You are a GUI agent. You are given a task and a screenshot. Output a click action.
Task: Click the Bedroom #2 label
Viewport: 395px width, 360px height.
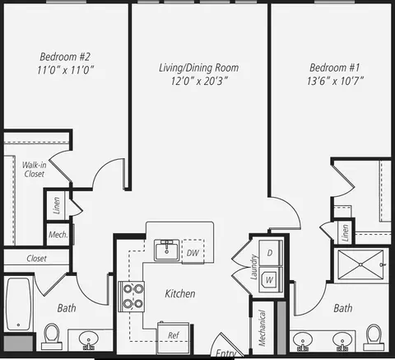[x=65, y=57]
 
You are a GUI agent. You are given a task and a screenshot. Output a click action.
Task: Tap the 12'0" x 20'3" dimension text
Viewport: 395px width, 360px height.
[x=199, y=81]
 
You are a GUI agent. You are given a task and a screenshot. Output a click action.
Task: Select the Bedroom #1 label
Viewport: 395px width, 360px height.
[x=334, y=68]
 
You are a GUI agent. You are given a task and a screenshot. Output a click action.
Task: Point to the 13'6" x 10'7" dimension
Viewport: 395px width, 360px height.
[x=335, y=81]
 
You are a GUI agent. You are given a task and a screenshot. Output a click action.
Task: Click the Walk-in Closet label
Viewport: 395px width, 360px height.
[x=35, y=170]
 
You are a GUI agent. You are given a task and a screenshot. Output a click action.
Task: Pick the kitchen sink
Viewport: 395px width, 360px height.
[x=166, y=250]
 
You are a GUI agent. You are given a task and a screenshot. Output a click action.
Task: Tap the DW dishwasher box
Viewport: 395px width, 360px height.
[x=193, y=252]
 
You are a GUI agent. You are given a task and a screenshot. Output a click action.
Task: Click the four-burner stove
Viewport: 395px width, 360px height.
[x=132, y=297]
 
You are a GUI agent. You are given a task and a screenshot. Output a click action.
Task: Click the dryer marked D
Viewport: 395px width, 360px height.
[x=270, y=253]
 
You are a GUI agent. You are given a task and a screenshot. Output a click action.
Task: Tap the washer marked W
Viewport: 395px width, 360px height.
[x=270, y=280]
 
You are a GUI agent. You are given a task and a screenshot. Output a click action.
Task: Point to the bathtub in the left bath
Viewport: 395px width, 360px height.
[x=18, y=304]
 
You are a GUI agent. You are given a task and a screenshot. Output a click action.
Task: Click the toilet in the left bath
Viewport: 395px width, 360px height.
[x=52, y=336]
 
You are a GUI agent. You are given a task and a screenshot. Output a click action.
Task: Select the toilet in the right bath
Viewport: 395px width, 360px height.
[x=374, y=338]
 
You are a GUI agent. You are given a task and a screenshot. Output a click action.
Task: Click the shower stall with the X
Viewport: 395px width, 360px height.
[x=360, y=264]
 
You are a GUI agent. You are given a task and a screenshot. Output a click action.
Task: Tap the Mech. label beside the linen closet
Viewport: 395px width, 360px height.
[x=58, y=235]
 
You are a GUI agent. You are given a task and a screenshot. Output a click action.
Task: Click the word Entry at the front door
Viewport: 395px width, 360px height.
[x=225, y=353]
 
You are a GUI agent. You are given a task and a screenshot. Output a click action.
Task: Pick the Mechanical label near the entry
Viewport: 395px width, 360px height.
[x=263, y=328]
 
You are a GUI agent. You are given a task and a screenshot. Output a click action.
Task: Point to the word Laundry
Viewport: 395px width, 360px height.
[x=254, y=267]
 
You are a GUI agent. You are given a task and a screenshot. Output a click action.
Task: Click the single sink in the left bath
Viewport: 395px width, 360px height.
[x=88, y=339]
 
